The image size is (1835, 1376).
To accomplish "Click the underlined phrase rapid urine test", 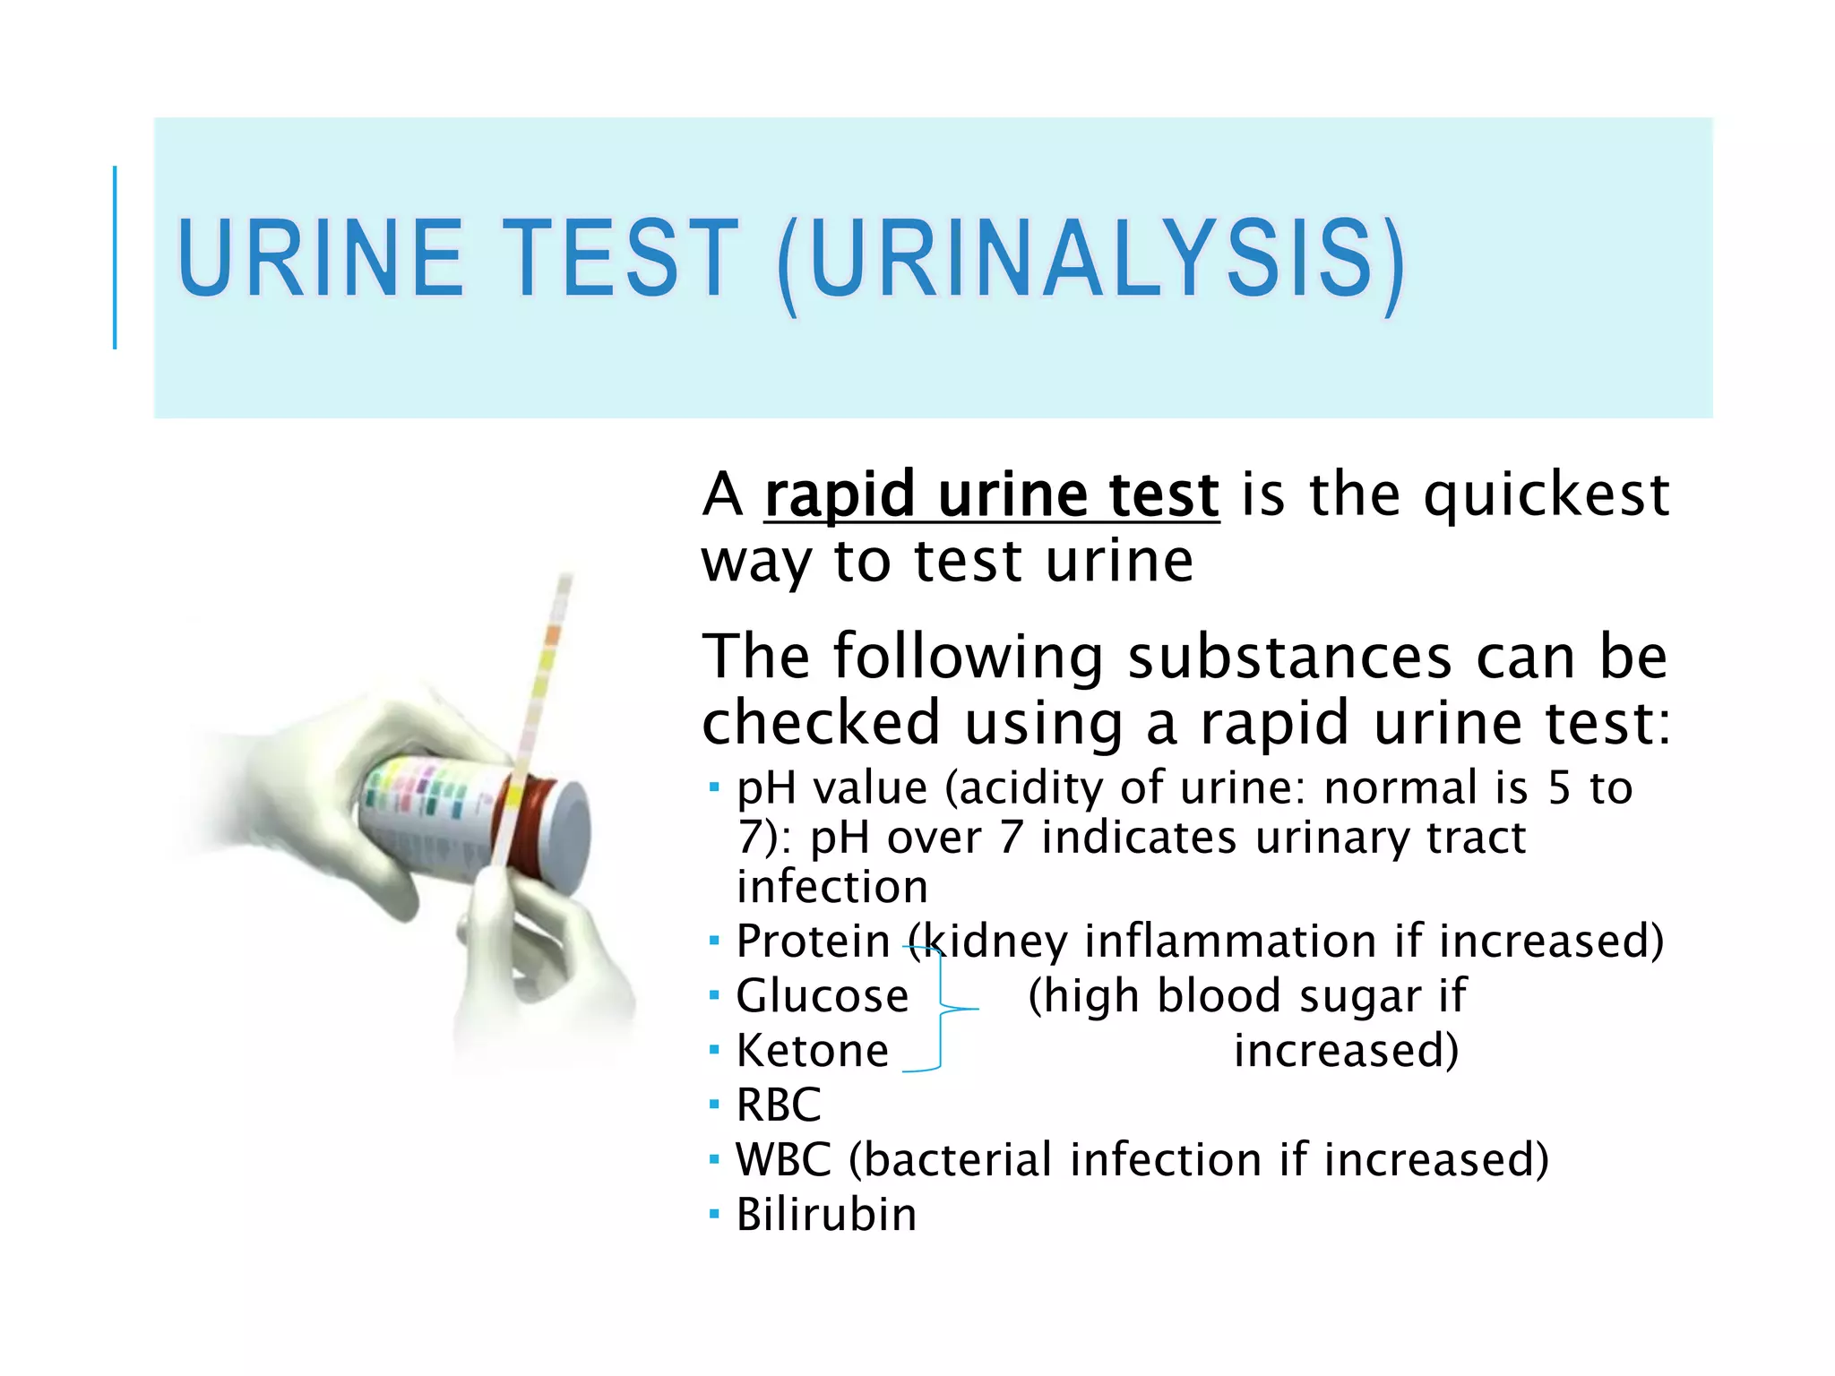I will [x=991, y=494].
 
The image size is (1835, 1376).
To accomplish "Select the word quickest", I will [x=1546, y=494].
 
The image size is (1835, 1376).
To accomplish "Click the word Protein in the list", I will [x=813, y=942].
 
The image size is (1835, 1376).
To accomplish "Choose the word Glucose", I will [x=822, y=996].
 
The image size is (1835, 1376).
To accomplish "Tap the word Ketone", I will [x=812, y=1051].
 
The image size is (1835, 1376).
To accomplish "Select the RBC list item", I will [x=778, y=1105].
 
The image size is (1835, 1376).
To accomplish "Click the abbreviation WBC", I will [x=783, y=1160].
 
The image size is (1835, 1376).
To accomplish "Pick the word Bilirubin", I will [x=826, y=1216].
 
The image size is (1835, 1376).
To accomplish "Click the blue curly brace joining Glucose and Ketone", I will [x=943, y=1010].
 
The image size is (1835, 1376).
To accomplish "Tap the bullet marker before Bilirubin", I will [x=714, y=1215].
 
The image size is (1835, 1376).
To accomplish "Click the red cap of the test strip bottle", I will [x=534, y=825].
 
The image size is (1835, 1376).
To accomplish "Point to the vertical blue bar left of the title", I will [x=115, y=257].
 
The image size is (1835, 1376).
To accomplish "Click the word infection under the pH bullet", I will [x=831, y=887].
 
